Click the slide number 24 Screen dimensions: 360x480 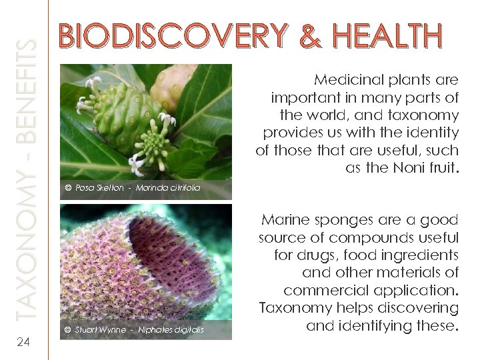[x=23, y=342]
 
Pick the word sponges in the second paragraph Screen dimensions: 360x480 [x=346, y=220]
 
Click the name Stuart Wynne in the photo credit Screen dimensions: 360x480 [x=98, y=330]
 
